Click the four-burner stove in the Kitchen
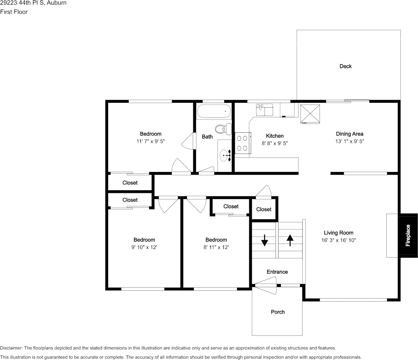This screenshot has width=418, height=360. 242,143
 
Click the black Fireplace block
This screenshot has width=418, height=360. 408,235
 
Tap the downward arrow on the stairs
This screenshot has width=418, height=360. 264,240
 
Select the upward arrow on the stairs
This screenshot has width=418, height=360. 290,240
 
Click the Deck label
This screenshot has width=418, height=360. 345,66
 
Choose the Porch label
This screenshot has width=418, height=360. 278,312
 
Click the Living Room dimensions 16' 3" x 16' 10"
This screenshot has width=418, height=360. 338,240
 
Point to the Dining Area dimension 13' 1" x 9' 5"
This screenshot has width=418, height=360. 349,141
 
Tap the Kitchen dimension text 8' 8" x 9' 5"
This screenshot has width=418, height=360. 274,143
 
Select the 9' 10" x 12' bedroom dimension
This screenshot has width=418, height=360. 144,247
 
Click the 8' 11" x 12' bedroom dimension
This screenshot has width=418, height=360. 216,247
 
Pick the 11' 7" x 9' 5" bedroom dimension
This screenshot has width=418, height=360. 150,141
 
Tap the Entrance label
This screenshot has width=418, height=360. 277,272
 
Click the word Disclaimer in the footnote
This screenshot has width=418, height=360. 11,348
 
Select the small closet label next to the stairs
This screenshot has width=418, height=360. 263,209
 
